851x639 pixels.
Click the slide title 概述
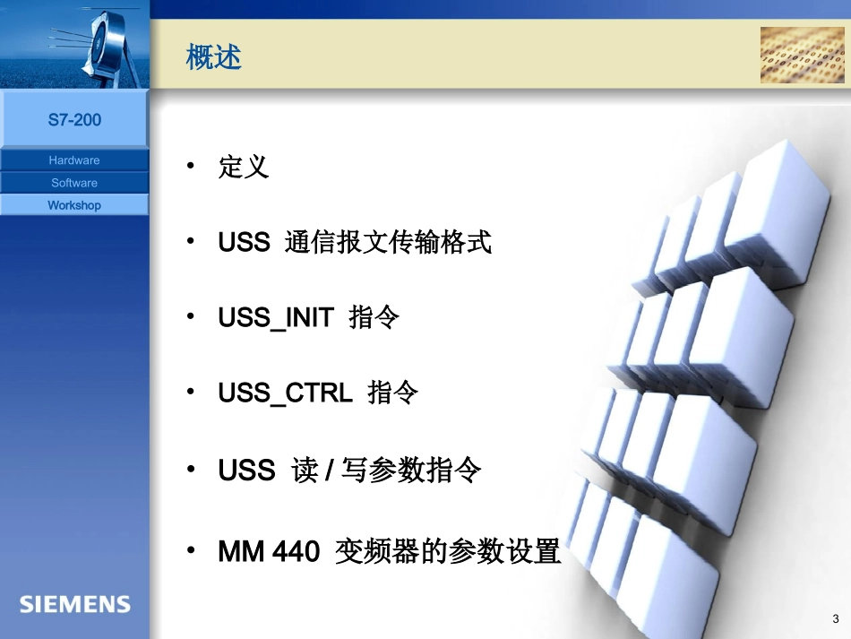213,58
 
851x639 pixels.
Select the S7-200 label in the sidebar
74,119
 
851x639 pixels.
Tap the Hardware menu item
74,160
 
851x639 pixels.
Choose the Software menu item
74,183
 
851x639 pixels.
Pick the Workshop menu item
74,205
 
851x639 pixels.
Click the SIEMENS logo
75,604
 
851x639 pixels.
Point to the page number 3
836,619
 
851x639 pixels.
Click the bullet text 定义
244,167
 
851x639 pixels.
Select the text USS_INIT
276,318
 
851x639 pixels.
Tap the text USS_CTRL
285,393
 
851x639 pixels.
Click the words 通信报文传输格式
388,242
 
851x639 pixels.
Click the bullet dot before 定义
190,167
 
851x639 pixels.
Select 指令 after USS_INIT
374,318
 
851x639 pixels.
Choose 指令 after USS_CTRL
393,393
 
